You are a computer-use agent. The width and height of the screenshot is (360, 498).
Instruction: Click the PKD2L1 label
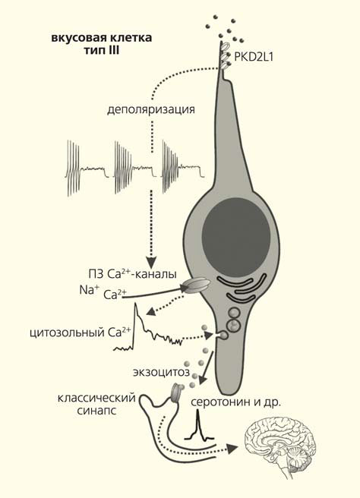click(x=253, y=57)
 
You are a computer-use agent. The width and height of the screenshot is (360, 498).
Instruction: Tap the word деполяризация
click(x=151, y=110)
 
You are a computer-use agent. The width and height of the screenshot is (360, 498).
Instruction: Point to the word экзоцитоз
click(x=161, y=372)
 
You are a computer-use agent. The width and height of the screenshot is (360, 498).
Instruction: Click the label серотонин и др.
click(x=235, y=402)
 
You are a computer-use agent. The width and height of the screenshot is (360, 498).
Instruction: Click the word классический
click(x=96, y=398)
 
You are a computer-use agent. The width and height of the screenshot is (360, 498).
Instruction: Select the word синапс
click(x=96, y=411)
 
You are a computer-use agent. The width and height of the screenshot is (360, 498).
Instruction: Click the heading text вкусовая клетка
click(x=102, y=38)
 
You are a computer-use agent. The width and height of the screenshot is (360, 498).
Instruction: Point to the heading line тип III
click(x=102, y=51)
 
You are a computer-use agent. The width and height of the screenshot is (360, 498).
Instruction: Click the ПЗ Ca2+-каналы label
click(x=132, y=274)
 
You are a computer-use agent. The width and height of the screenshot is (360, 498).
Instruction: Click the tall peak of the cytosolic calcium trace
click(x=136, y=305)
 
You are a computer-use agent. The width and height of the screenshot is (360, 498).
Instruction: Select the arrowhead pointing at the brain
click(x=233, y=448)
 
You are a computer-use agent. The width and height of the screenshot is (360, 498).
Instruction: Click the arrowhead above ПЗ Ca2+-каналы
click(x=152, y=262)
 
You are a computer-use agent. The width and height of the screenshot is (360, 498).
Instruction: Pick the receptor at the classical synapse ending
click(x=176, y=392)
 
